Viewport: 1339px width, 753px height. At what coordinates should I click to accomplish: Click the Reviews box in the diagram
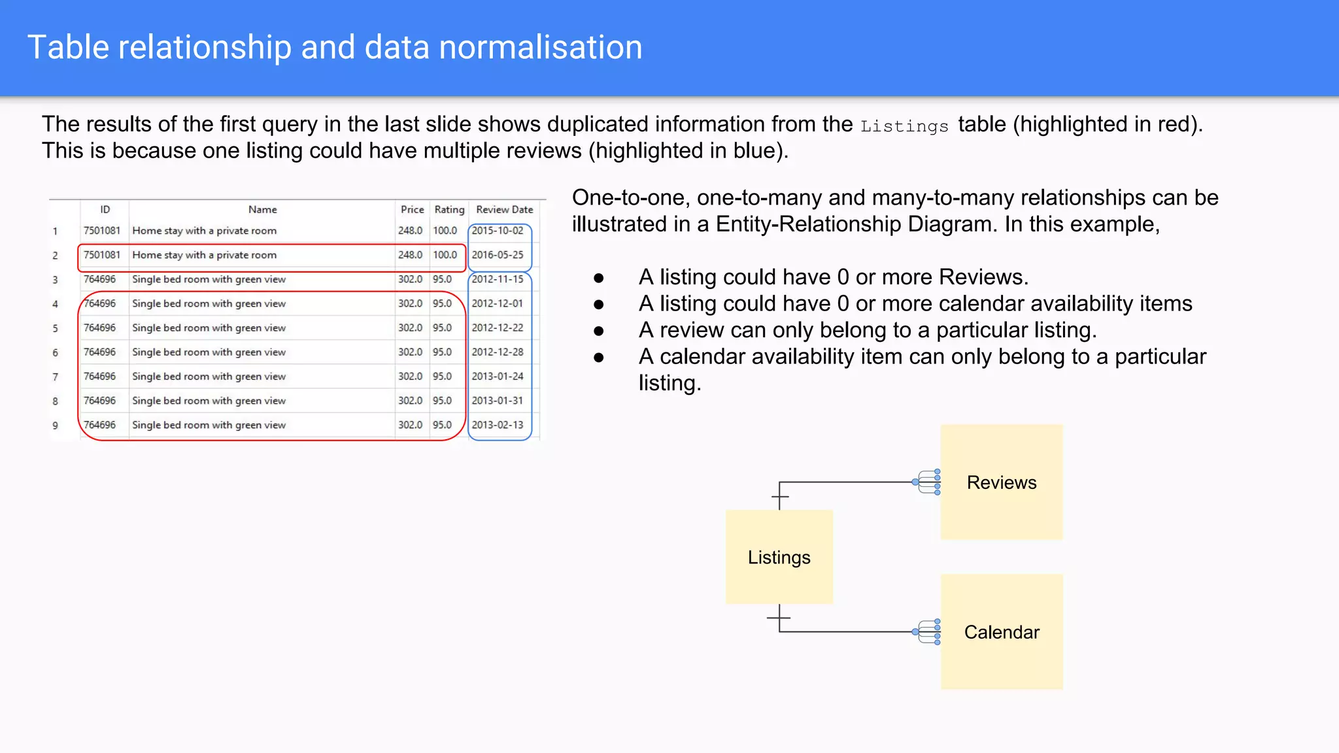pyautogui.click(x=1001, y=482)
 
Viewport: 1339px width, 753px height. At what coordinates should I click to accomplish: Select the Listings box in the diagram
pyautogui.click(x=779, y=557)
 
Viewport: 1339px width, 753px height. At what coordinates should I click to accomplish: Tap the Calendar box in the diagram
pyautogui.click(x=1001, y=632)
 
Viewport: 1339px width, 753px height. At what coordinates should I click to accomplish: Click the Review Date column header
pyautogui.click(x=504, y=210)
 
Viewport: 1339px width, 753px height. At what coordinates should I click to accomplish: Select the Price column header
pyautogui.click(x=412, y=210)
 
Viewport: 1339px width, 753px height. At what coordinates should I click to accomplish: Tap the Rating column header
pyautogui.click(x=449, y=210)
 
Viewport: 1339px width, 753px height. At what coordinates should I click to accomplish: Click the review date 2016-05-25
pyautogui.click(x=498, y=255)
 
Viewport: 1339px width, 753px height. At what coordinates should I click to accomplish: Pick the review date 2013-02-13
pyautogui.click(x=498, y=425)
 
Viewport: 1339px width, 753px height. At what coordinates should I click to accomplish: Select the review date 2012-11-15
pyautogui.click(x=498, y=279)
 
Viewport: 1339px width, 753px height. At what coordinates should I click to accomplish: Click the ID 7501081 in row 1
pyautogui.click(x=102, y=231)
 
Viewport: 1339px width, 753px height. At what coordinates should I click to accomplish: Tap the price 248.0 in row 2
pyautogui.click(x=410, y=255)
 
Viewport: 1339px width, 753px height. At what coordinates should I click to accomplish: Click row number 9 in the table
pyautogui.click(x=56, y=426)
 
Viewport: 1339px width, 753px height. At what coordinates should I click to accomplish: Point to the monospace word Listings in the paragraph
pyautogui.click(x=904, y=126)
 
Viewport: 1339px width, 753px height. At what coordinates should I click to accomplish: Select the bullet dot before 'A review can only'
pyautogui.click(x=598, y=331)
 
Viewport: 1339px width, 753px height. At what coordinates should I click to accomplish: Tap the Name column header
pyautogui.click(x=262, y=210)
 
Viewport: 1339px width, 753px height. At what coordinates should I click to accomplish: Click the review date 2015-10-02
pyautogui.click(x=498, y=231)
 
